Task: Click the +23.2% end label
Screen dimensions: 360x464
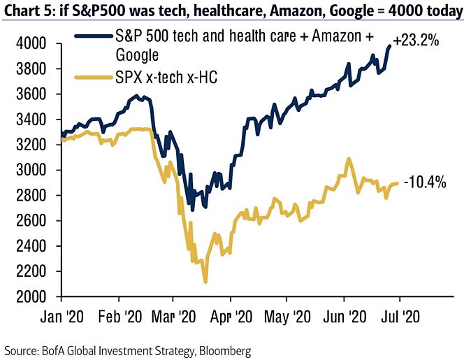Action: (x=417, y=41)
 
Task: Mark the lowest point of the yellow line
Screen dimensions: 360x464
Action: (x=205, y=282)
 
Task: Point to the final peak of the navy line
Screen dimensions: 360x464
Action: (x=390, y=46)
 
